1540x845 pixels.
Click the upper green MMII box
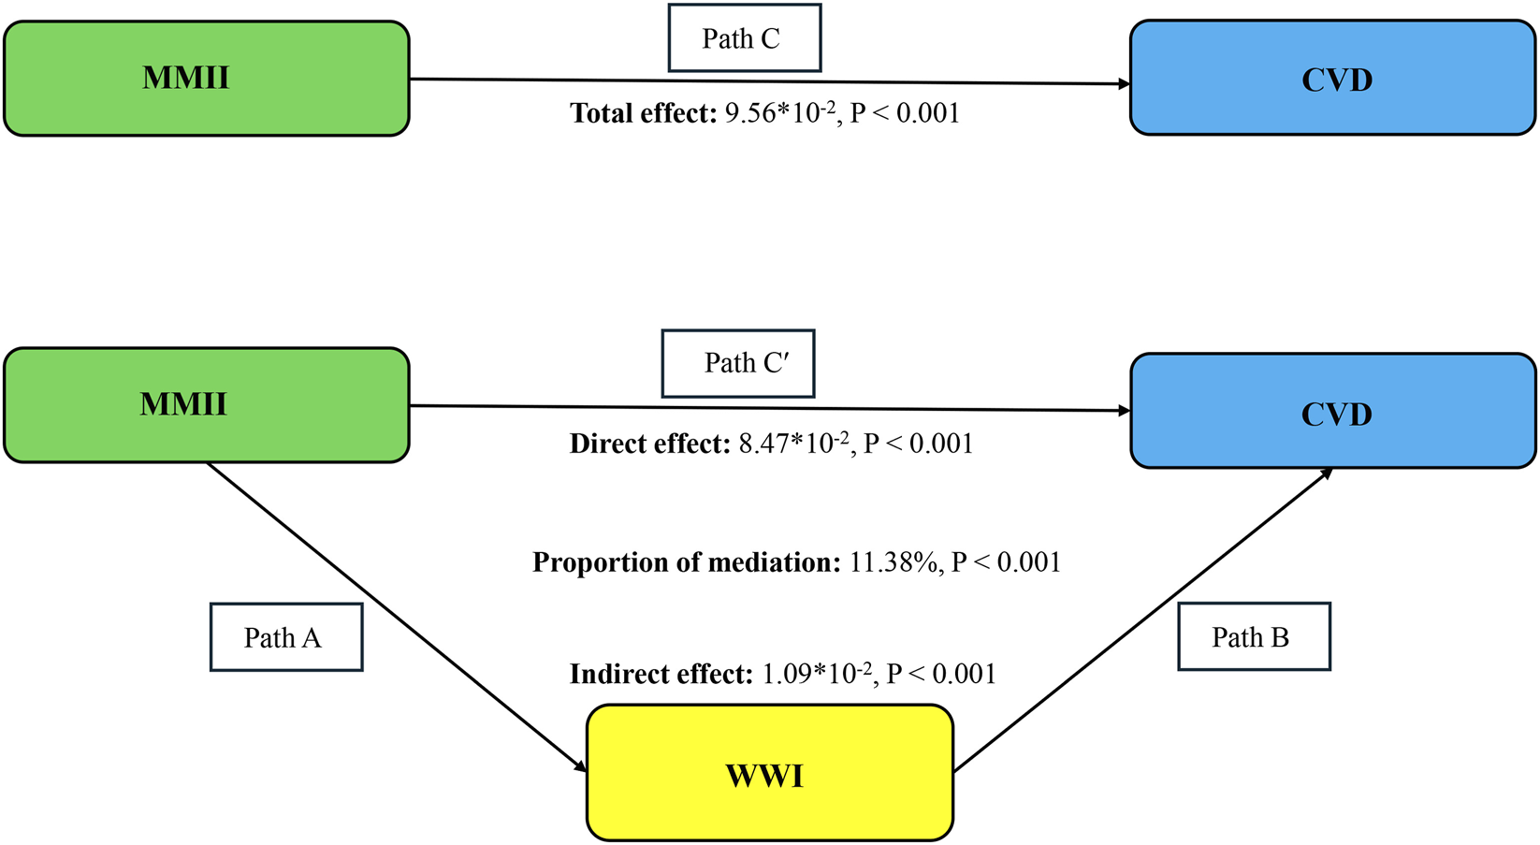tap(206, 79)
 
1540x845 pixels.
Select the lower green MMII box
tap(206, 405)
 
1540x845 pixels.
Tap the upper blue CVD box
tap(1332, 79)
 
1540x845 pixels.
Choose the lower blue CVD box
tap(1332, 412)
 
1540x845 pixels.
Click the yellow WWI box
tap(769, 773)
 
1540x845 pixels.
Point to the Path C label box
tap(744, 38)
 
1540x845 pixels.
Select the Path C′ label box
tap(738, 363)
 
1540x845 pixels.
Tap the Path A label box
tap(285, 637)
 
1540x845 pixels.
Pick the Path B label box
tap(1253, 637)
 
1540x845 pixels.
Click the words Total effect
tap(644, 114)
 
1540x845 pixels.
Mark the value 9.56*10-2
tap(780, 114)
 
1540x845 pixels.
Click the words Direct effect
tap(649, 444)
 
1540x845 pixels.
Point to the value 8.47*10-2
tap(793, 444)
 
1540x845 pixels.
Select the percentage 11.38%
tap(894, 562)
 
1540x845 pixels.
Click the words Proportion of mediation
tap(687, 562)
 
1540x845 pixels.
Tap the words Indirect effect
tap(661, 674)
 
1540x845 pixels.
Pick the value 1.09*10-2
tap(817, 674)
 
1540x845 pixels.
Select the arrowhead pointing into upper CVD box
tap(1124, 84)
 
